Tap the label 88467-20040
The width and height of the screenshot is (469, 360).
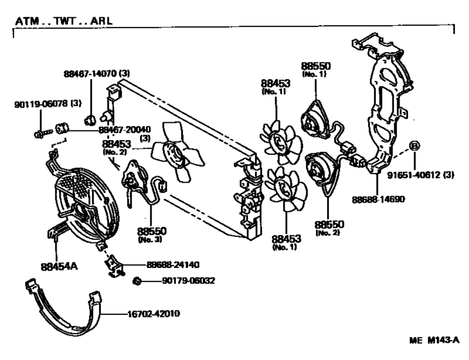(x=125, y=130)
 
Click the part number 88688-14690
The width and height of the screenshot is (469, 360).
(x=378, y=199)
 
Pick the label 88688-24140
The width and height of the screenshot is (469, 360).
(x=173, y=265)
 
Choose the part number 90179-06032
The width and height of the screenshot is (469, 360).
(x=188, y=281)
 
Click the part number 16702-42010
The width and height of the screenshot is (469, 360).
(x=154, y=314)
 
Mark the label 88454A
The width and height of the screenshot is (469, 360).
(x=59, y=266)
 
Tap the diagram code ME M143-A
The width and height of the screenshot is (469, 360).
(x=434, y=340)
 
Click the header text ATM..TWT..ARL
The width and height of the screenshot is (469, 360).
(x=64, y=21)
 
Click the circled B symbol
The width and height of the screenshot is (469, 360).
(x=414, y=146)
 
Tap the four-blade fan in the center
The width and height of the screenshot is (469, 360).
(x=177, y=151)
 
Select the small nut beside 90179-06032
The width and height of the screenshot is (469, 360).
(x=137, y=281)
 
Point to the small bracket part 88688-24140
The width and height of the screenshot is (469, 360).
(x=114, y=265)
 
